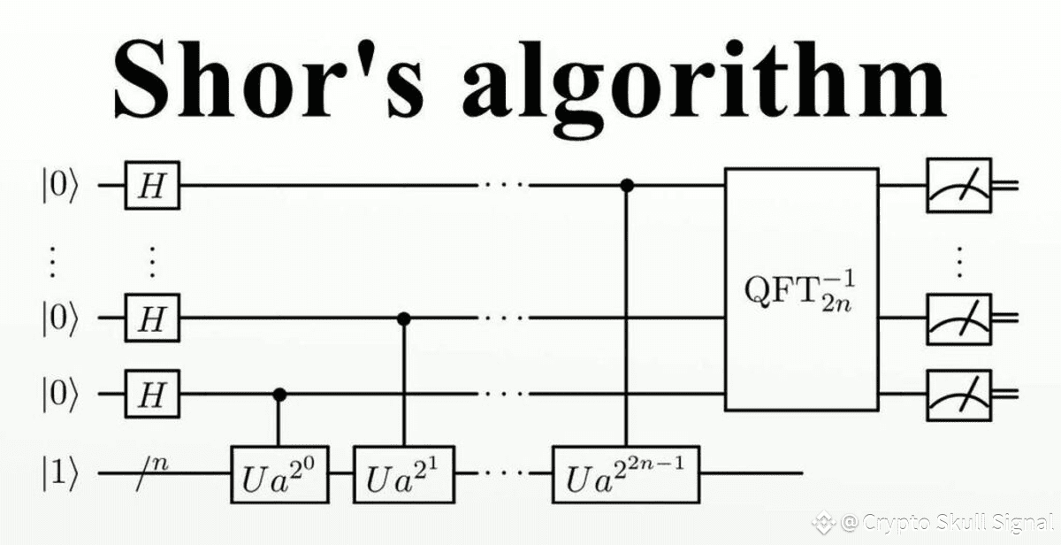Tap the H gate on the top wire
(x=153, y=186)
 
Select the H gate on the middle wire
(x=153, y=317)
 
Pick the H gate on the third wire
(x=153, y=394)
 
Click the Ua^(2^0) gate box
(x=279, y=473)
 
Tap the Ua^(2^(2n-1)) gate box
(x=626, y=473)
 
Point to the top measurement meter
(x=959, y=186)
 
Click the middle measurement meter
(x=959, y=317)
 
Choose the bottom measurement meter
(x=959, y=394)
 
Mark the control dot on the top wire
(x=626, y=186)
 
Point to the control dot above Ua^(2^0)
(x=279, y=394)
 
